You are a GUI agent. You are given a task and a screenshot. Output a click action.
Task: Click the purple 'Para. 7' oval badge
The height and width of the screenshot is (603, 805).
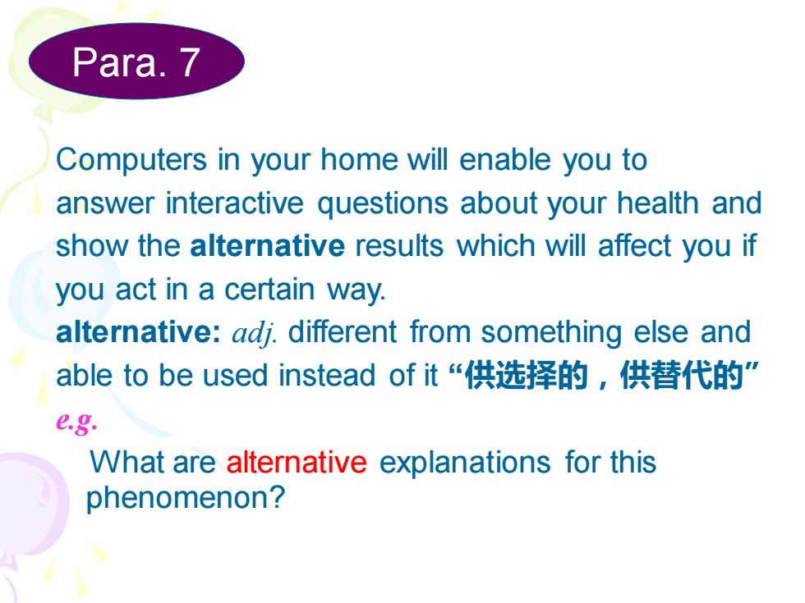tap(136, 61)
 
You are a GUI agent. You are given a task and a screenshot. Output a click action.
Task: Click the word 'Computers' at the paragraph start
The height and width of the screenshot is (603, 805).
tap(131, 161)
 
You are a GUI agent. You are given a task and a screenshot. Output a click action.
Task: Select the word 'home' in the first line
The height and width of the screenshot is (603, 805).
tap(359, 159)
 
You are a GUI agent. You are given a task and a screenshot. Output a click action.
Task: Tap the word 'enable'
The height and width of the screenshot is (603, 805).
tap(505, 159)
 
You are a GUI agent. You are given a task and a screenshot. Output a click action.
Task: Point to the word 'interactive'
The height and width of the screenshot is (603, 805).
tap(235, 203)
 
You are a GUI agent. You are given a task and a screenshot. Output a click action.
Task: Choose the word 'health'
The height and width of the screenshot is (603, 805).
tap(658, 203)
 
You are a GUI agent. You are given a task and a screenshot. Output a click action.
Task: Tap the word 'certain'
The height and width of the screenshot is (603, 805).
tap(269, 289)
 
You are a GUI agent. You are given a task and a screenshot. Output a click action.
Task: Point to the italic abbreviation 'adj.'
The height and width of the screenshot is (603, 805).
tap(254, 334)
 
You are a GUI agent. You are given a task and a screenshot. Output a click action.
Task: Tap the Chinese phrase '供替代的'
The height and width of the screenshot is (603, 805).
tap(682, 375)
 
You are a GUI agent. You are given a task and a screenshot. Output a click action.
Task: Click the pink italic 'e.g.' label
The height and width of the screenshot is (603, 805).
tap(76, 422)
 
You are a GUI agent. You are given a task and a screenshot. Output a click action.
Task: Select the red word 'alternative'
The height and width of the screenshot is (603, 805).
tap(297, 462)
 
